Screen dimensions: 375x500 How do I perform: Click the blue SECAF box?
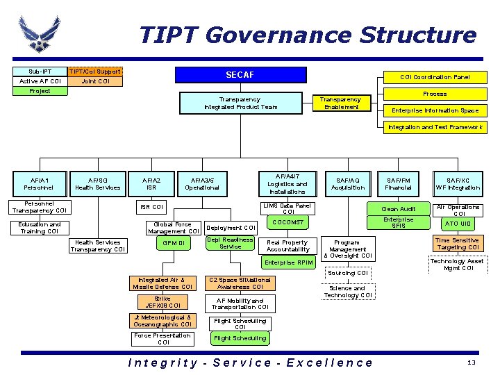pyautogui.click(x=240, y=75)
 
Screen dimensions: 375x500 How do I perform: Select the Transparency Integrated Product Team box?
pyautogui.click(x=240, y=103)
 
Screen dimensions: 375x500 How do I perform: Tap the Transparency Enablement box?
pyautogui.click(x=341, y=103)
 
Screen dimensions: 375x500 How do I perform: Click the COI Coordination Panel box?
pyautogui.click(x=434, y=77)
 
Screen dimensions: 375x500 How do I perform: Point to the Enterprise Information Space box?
pyautogui.click(x=434, y=110)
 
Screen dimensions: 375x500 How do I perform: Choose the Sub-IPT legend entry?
pyautogui.click(x=40, y=72)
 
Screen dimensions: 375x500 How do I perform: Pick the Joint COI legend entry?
pyautogui.click(x=95, y=81)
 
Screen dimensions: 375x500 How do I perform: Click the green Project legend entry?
pyautogui.click(x=40, y=91)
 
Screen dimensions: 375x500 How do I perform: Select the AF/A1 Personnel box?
pyautogui.click(x=37, y=183)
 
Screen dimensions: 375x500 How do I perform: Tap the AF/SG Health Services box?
pyautogui.click(x=97, y=183)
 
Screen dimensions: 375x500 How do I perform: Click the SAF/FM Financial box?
pyautogui.click(x=399, y=183)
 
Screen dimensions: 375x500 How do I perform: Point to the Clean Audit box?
pyautogui.click(x=399, y=208)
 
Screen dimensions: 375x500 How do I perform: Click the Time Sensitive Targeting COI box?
pyautogui.click(x=457, y=244)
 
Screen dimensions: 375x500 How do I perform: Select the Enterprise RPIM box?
pyautogui.click(x=289, y=262)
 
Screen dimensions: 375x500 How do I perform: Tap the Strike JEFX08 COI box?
pyautogui.click(x=162, y=301)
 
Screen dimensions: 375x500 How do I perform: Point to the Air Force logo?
pyautogui.click(x=40, y=35)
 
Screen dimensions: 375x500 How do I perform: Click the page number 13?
pyautogui.click(x=471, y=363)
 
